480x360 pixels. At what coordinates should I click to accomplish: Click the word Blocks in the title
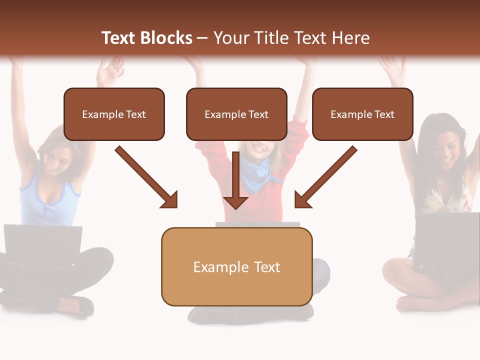click(167, 38)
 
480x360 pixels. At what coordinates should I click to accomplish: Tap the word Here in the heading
click(352, 38)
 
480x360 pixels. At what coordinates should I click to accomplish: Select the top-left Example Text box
click(114, 114)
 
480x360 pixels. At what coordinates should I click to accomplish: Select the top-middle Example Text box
click(236, 114)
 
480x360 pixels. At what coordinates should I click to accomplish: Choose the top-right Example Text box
click(362, 114)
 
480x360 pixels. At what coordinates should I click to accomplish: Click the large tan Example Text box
click(236, 267)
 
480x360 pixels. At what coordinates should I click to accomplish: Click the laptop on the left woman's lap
click(43, 245)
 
